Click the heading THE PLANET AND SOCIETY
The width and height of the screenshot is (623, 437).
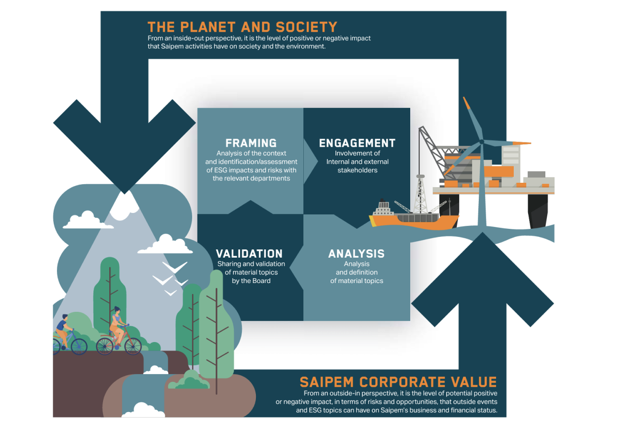[x=242, y=27]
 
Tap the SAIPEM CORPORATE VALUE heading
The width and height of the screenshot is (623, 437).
[x=398, y=382]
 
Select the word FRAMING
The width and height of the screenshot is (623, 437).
[x=251, y=143]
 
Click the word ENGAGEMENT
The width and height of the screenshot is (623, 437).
[x=357, y=143]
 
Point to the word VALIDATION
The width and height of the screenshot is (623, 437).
[x=249, y=254]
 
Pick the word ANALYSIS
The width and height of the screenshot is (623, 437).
[x=356, y=254]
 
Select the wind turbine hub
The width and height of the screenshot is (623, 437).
[x=482, y=142]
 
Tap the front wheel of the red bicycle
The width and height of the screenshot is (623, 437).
[x=133, y=345]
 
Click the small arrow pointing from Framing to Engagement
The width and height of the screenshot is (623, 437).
[x=311, y=161]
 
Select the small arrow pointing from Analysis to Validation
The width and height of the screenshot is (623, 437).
[x=297, y=267]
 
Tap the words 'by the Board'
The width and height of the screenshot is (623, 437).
[x=251, y=281]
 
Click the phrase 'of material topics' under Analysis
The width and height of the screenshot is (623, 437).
[x=357, y=281]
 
